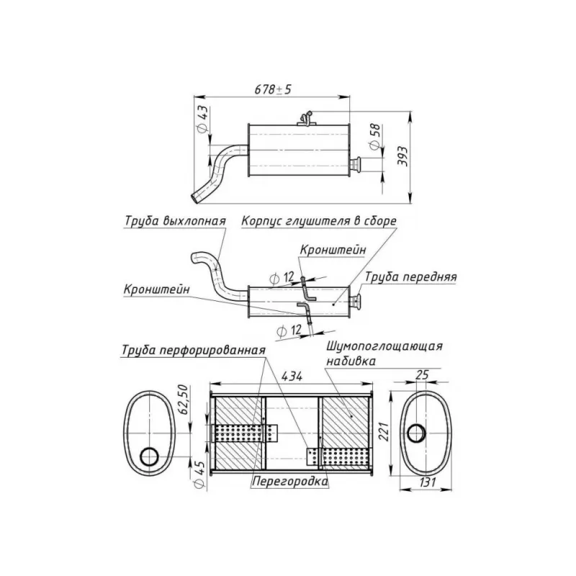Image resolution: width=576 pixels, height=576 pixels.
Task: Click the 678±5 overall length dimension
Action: coord(273,89)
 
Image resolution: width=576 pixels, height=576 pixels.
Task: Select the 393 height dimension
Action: coord(403,156)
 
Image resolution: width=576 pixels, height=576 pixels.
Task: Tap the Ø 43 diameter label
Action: coord(203,120)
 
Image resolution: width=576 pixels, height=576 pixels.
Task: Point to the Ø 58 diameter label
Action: coord(376,137)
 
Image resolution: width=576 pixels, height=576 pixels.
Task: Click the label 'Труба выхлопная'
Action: coord(175,221)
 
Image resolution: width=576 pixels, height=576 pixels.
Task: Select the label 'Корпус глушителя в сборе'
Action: coord(319,221)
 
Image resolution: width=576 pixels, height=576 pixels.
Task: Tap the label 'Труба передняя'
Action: coord(410,277)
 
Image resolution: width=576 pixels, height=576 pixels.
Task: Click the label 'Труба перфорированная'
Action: coord(194,350)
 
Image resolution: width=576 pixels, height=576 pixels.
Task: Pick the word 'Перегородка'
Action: coord(290,481)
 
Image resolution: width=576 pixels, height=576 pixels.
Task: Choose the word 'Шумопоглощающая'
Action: coord(384,346)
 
